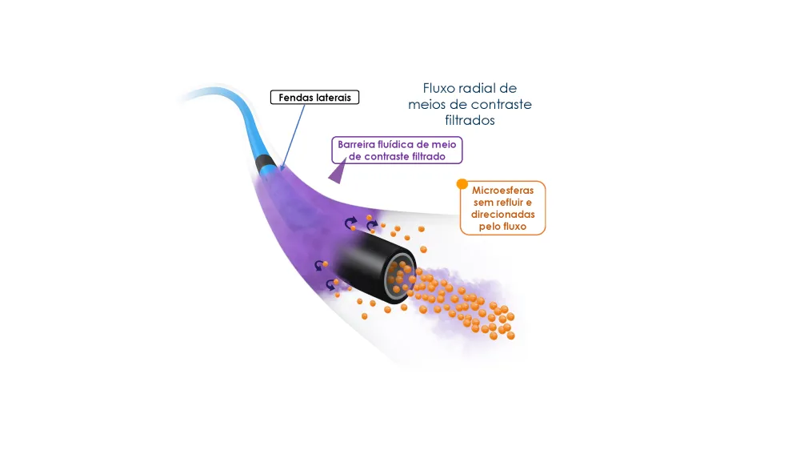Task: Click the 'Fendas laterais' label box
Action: [314, 97]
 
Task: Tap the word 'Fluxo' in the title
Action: [438, 88]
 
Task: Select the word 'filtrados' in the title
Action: [470, 121]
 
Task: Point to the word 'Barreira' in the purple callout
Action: [356, 145]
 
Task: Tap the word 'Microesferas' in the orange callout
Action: [502, 190]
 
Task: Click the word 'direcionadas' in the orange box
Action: [502, 215]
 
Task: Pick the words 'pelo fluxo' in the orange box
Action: [502, 227]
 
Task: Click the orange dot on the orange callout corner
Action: [462, 184]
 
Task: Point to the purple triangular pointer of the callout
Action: [338, 172]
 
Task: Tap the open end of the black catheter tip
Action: [400, 275]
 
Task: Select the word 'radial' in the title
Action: [478, 88]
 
